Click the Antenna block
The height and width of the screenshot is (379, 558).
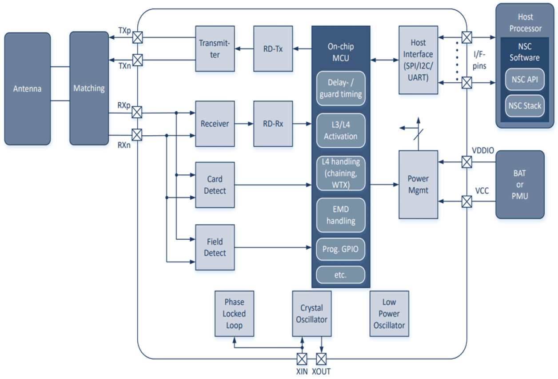(x=27, y=89)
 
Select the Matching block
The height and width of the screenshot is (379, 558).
(x=89, y=89)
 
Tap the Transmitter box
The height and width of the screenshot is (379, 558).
(x=215, y=49)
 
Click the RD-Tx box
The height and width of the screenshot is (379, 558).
(x=273, y=49)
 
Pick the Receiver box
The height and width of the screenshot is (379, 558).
(x=215, y=124)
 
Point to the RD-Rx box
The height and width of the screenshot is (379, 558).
(x=273, y=124)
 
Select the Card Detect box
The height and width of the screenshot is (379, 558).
(x=215, y=185)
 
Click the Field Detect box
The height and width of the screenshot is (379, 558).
(x=215, y=247)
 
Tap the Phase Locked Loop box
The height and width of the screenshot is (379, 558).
(x=234, y=314)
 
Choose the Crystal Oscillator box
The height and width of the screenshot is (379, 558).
(x=311, y=314)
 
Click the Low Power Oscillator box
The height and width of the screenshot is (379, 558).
(x=389, y=314)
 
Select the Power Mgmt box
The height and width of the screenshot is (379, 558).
(x=418, y=185)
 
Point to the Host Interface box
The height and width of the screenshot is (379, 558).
(x=418, y=60)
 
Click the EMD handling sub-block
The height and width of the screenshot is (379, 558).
(x=341, y=215)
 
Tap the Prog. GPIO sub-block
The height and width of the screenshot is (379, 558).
(x=341, y=250)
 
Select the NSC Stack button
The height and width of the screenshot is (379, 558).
(x=525, y=105)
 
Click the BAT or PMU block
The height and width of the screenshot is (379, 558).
(x=520, y=185)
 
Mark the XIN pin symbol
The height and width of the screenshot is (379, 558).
(x=302, y=359)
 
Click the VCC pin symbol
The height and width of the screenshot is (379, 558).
(x=466, y=202)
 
